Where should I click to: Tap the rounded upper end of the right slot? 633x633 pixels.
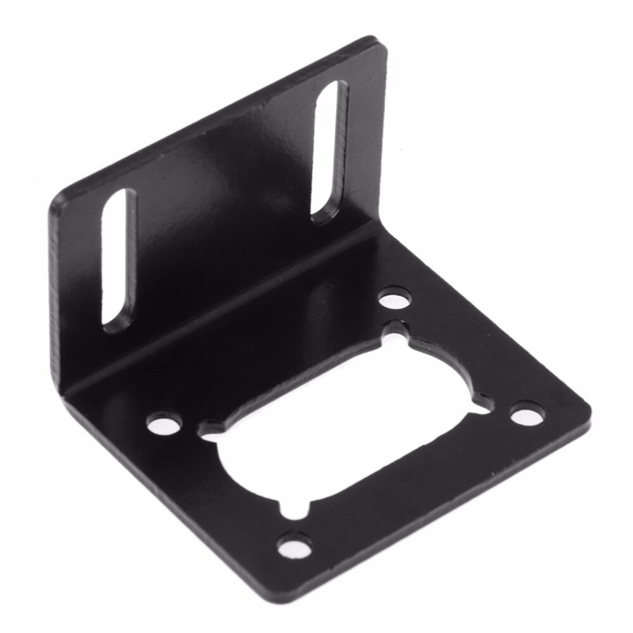pyautogui.click(x=336, y=92)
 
